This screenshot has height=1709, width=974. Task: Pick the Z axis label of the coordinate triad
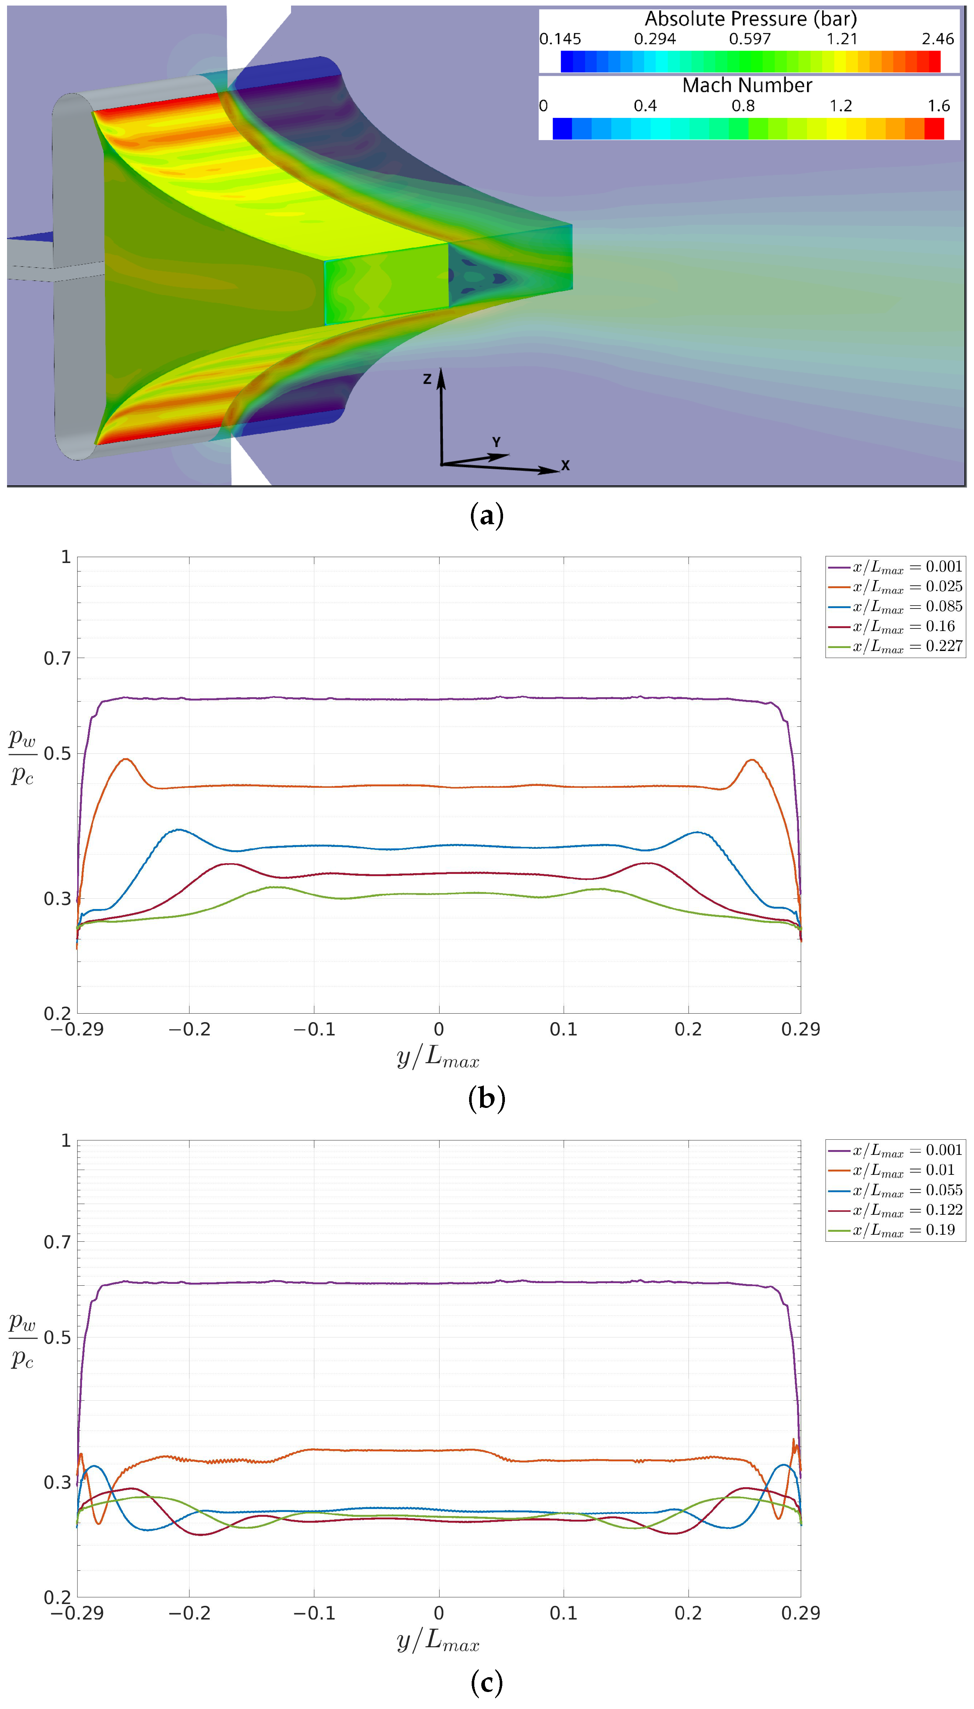[427, 379]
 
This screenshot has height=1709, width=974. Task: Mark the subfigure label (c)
[486, 1682]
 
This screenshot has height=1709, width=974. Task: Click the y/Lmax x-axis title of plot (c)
[438, 1641]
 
